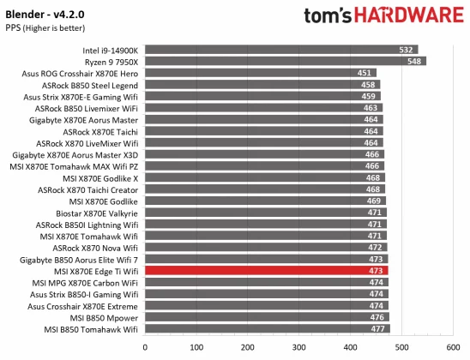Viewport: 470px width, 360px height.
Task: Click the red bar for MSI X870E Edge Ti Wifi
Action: click(x=266, y=271)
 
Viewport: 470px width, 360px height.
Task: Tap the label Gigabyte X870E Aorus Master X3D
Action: click(x=75, y=154)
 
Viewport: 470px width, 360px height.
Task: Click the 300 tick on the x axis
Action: click(x=298, y=346)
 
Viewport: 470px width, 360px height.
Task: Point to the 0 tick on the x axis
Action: click(x=144, y=346)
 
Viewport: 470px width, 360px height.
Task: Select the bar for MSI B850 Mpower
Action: click(x=267, y=317)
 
